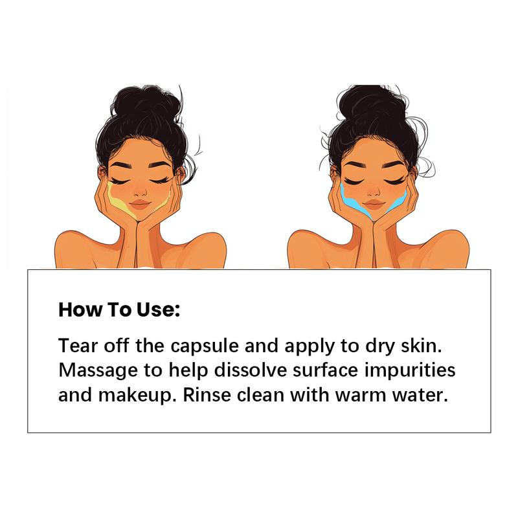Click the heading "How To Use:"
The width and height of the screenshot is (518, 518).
[x=119, y=309]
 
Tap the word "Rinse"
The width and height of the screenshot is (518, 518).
[x=205, y=395]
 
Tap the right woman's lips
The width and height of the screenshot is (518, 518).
[x=374, y=205]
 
